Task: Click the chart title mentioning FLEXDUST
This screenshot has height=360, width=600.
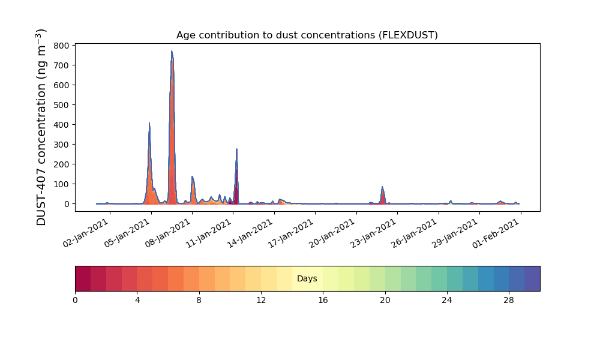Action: tap(307, 35)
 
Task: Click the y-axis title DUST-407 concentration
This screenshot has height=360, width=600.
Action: tap(41, 127)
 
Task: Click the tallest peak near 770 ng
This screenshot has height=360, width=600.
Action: tap(172, 52)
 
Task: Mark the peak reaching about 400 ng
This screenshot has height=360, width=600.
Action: tap(149, 124)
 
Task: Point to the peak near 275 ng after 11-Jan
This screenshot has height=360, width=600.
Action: tap(236, 149)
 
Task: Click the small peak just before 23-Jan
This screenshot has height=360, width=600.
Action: tap(382, 188)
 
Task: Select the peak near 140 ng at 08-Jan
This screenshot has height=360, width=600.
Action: tap(192, 177)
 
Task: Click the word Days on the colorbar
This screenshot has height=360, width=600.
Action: tap(307, 278)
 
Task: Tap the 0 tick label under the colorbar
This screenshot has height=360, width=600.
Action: tap(75, 299)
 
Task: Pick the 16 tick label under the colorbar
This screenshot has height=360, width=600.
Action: tap(323, 299)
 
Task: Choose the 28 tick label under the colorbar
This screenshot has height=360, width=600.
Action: tap(509, 299)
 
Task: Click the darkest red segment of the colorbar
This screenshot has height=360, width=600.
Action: tap(83, 278)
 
